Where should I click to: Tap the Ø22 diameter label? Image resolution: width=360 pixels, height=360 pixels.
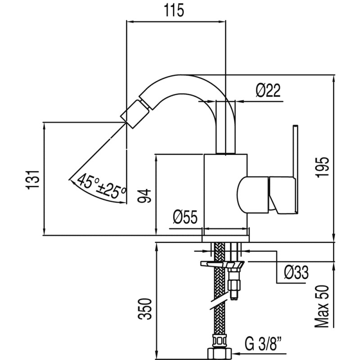268,91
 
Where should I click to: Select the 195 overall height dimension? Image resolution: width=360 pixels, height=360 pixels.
323,167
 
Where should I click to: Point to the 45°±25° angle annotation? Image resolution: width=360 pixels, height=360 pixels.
101,186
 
